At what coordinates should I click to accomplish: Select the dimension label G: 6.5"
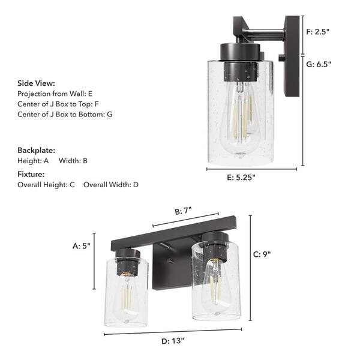pos(319,64)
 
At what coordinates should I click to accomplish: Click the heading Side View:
pos(36,83)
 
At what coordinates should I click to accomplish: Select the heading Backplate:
pos(36,150)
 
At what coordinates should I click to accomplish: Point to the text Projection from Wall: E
pos(55,94)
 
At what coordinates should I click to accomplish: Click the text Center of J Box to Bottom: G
pos(65,113)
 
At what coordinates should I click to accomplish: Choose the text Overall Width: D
pos(111,184)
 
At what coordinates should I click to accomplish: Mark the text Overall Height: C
pos(46,184)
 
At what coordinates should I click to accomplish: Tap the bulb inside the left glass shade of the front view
pos(126,294)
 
